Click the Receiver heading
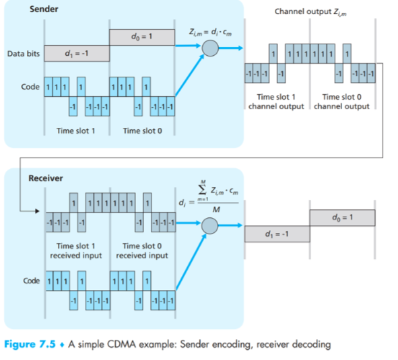click(x=45, y=178)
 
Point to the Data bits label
click(x=25, y=53)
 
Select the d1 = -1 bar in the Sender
click(x=76, y=54)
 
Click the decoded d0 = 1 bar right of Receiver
click(x=343, y=217)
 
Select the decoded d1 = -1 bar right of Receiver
click(x=277, y=233)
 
